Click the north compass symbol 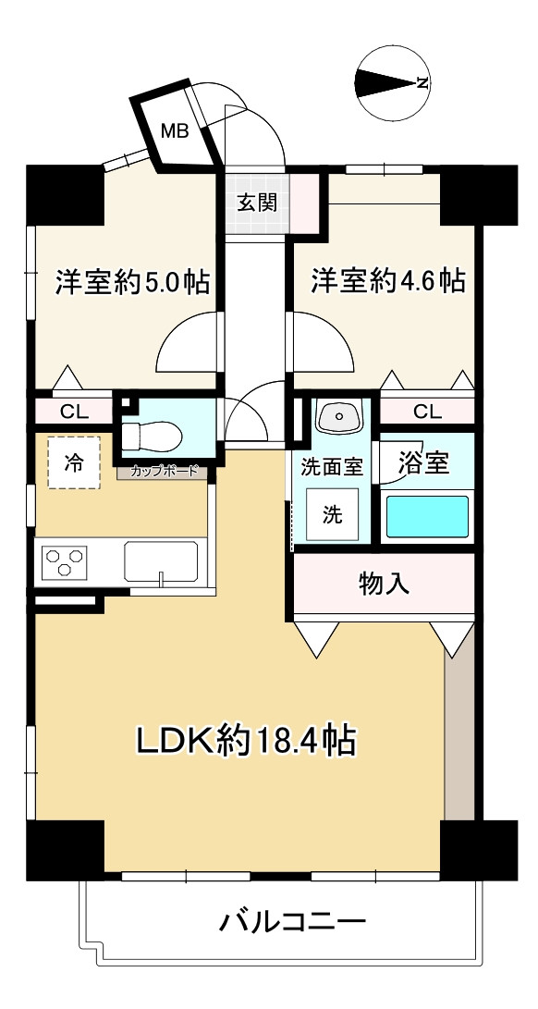coord(393,82)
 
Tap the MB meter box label coord(175,132)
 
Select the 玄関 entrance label coord(257,203)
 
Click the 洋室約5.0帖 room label coord(132,282)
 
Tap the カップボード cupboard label coord(164,472)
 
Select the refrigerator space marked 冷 coord(74,462)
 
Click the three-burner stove coord(63,560)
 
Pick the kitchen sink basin coord(162,561)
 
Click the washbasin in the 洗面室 coord(338,418)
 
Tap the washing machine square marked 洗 coord(332,515)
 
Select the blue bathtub coord(426,516)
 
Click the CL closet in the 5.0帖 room coord(75,412)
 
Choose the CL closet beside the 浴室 coord(427,412)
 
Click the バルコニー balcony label coord(293,922)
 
